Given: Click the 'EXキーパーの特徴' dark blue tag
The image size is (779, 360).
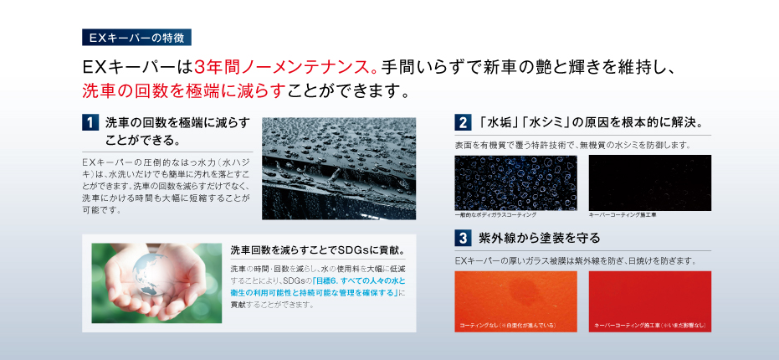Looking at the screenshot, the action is click(x=136, y=38).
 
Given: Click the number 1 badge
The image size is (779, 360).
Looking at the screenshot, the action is click(x=90, y=122).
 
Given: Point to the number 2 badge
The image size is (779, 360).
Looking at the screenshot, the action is click(x=463, y=122).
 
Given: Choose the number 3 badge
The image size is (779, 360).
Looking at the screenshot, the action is click(x=463, y=238).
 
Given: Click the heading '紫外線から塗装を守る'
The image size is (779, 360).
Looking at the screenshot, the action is click(x=540, y=238).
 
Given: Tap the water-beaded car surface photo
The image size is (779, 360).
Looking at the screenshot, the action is click(x=339, y=168).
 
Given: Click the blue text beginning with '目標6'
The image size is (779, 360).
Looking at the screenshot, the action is click(x=317, y=286).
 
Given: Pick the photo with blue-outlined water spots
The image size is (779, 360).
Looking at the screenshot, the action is click(x=515, y=183).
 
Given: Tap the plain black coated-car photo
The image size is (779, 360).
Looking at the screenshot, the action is click(x=650, y=183).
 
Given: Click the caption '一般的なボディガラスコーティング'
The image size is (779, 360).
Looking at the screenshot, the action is click(x=495, y=215).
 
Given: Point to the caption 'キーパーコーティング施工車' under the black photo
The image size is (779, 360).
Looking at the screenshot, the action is click(x=623, y=215).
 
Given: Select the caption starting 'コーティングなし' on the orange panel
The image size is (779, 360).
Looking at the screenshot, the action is click(x=507, y=326).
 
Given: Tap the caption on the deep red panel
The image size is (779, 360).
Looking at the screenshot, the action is click(x=649, y=326).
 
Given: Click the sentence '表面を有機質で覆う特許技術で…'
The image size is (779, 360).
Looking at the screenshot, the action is click(x=572, y=146).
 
